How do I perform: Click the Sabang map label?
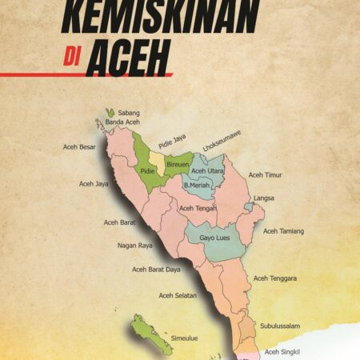coord(129,114)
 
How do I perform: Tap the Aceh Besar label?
coord(80,147)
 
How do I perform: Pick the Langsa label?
coord(264,198)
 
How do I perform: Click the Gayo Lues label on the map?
coord(214,238)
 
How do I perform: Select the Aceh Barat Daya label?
coord(156,270)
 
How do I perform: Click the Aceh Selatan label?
coord(177,295)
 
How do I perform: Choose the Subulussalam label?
coord(280,326)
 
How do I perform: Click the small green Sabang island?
coord(109,114)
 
